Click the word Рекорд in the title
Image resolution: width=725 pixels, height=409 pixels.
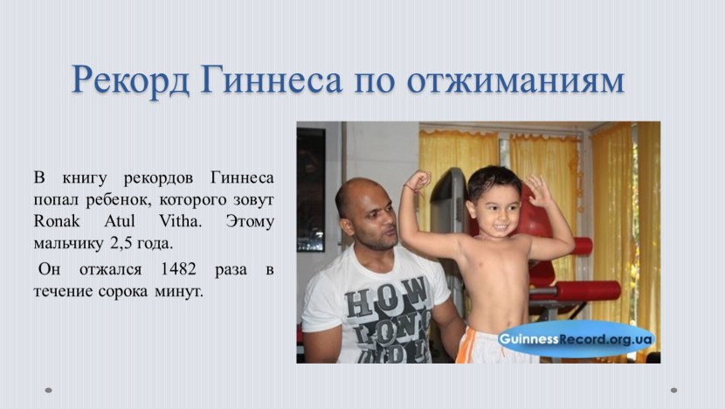[130, 80]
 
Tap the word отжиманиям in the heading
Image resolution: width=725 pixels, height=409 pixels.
[515, 80]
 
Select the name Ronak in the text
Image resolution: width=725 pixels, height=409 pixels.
[57, 221]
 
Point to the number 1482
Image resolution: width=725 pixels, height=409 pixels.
[178, 269]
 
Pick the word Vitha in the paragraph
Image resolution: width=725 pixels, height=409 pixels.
[180, 221]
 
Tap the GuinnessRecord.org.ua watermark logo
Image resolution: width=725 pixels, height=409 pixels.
[576, 339]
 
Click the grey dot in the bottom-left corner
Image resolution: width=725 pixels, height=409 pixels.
[48, 390]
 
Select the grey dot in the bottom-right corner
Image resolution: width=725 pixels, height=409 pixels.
[673, 390]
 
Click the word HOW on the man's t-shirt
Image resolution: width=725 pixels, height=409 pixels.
[386, 296]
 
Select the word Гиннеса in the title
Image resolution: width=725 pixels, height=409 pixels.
[272, 80]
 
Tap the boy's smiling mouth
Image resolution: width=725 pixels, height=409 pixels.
[502, 227]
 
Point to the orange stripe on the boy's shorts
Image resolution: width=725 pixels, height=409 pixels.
[465, 344]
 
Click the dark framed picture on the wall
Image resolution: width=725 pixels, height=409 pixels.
[310, 190]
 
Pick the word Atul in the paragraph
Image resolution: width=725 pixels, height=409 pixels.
[120, 221]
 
